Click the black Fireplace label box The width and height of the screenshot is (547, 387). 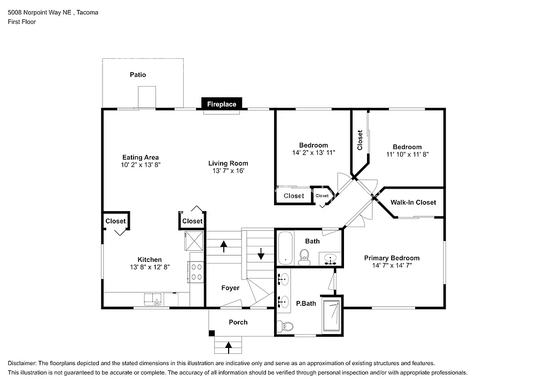coord(222,104)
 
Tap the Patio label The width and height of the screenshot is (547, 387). coord(138,75)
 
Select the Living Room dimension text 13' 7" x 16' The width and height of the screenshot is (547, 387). coord(228,171)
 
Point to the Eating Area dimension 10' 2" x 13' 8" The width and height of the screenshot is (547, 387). coord(140,165)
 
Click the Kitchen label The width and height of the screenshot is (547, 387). coord(150,260)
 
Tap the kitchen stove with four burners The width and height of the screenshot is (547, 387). coord(196,272)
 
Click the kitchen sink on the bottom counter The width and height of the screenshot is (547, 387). coord(153,299)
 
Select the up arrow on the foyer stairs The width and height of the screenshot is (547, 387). coord(223,246)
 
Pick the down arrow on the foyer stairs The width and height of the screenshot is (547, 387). coord(261,253)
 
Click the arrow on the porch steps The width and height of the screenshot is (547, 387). coord(229,347)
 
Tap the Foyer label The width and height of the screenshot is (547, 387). coord(230,288)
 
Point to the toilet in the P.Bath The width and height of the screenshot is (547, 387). coord(286,326)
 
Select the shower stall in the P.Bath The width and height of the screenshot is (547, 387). coord(332,317)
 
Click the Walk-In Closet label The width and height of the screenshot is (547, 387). coord(413,202)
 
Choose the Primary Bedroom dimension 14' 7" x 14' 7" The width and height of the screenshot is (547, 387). coord(392,265)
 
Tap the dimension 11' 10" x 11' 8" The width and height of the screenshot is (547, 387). coord(407,154)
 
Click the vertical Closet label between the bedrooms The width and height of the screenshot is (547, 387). coord(360,140)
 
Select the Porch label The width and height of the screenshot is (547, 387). coord(238,322)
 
